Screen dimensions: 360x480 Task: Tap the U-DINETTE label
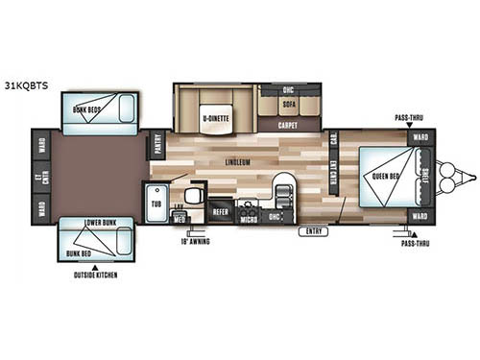click(x=214, y=119)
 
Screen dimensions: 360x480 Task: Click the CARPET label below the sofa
click(x=288, y=125)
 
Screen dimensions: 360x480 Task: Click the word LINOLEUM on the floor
click(x=238, y=162)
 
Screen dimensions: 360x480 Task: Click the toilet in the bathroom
click(x=190, y=197)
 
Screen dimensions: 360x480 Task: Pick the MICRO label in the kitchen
click(x=247, y=217)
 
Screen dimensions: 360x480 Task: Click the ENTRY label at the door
click(x=312, y=231)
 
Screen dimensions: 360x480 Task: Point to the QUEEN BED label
click(x=382, y=176)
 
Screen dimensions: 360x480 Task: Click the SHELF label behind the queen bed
click(x=426, y=177)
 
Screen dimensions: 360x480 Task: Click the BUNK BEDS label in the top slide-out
click(x=87, y=109)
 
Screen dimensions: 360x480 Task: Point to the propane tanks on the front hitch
click(x=447, y=176)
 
